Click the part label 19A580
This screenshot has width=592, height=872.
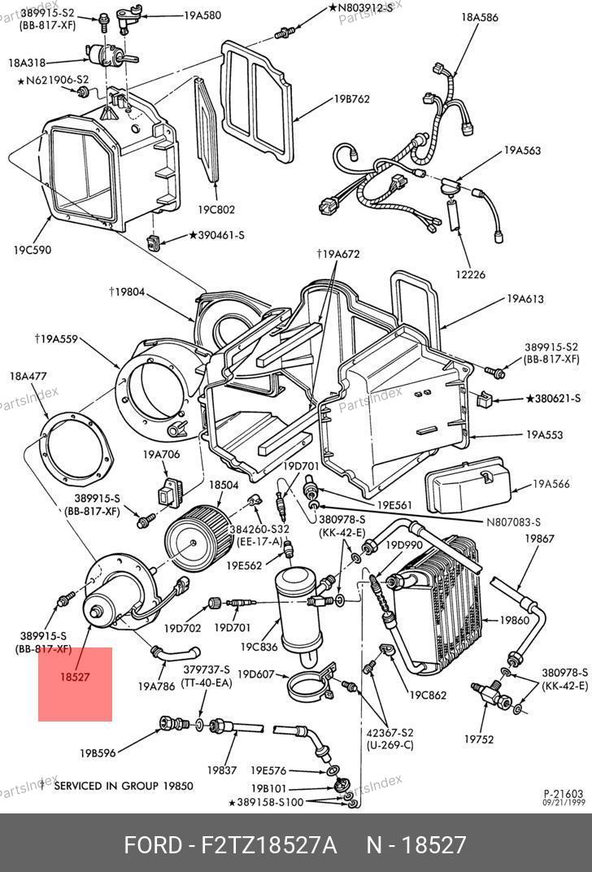(202, 15)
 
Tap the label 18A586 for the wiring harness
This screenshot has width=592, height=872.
(479, 17)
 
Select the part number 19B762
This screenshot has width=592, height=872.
(351, 99)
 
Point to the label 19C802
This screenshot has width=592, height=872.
(216, 210)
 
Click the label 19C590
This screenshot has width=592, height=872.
(33, 250)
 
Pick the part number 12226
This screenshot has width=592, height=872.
(470, 274)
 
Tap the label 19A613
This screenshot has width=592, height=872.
(525, 299)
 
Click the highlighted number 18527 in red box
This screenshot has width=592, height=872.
(75, 677)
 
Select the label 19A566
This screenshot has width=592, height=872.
(551, 484)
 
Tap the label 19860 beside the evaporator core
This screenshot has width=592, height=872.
(514, 620)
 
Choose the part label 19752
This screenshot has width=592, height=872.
(479, 739)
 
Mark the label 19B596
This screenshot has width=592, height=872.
(98, 753)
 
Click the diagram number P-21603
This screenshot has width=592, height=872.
(563, 794)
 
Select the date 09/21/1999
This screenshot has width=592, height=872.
(564, 803)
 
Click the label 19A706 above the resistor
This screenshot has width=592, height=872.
(161, 455)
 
